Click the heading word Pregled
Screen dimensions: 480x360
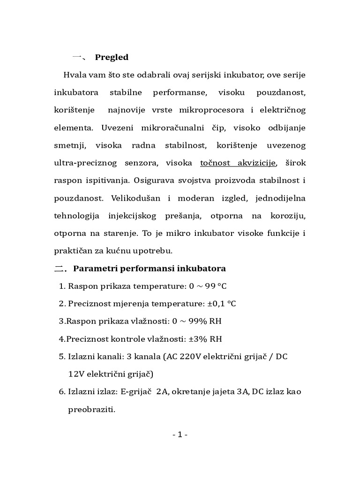(x=112, y=57)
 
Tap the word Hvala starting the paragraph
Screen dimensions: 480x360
(x=75, y=75)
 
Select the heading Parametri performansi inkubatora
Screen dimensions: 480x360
(x=150, y=269)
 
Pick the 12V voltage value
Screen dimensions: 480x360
(x=76, y=374)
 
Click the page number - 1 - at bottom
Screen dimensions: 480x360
(x=180, y=435)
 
